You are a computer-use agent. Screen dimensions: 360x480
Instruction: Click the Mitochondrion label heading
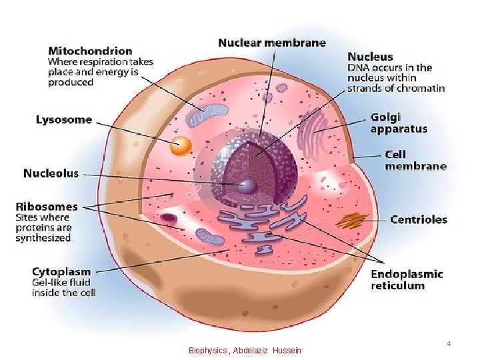[x=90, y=50]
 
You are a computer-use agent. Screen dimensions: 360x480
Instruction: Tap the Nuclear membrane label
[x=272, y=43]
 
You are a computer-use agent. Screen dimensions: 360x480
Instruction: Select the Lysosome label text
[x=64, y=120]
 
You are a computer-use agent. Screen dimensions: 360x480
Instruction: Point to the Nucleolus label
[x=51, y=173]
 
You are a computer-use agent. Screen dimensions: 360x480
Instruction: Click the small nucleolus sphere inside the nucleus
[x=247, y=186]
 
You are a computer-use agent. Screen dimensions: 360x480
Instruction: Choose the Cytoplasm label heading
[x=61, y=271]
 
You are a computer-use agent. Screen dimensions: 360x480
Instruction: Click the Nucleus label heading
[x=370, y=57]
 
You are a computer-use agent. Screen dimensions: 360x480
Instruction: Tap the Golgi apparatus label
[x=399, y=123]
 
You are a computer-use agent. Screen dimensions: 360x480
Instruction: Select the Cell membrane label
[x=415, y=160]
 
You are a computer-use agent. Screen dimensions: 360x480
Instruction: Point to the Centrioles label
[x=419, y=219]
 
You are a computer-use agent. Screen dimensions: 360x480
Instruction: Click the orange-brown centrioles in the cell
[x=351, y=219]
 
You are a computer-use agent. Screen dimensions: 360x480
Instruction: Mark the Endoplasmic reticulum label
[x=407, y=279]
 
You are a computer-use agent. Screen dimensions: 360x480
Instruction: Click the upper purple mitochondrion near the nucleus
[x=202, y=118]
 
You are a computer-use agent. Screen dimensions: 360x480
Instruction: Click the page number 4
[x=449, y=343]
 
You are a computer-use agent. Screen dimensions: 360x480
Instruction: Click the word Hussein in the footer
[x=287, y=350]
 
